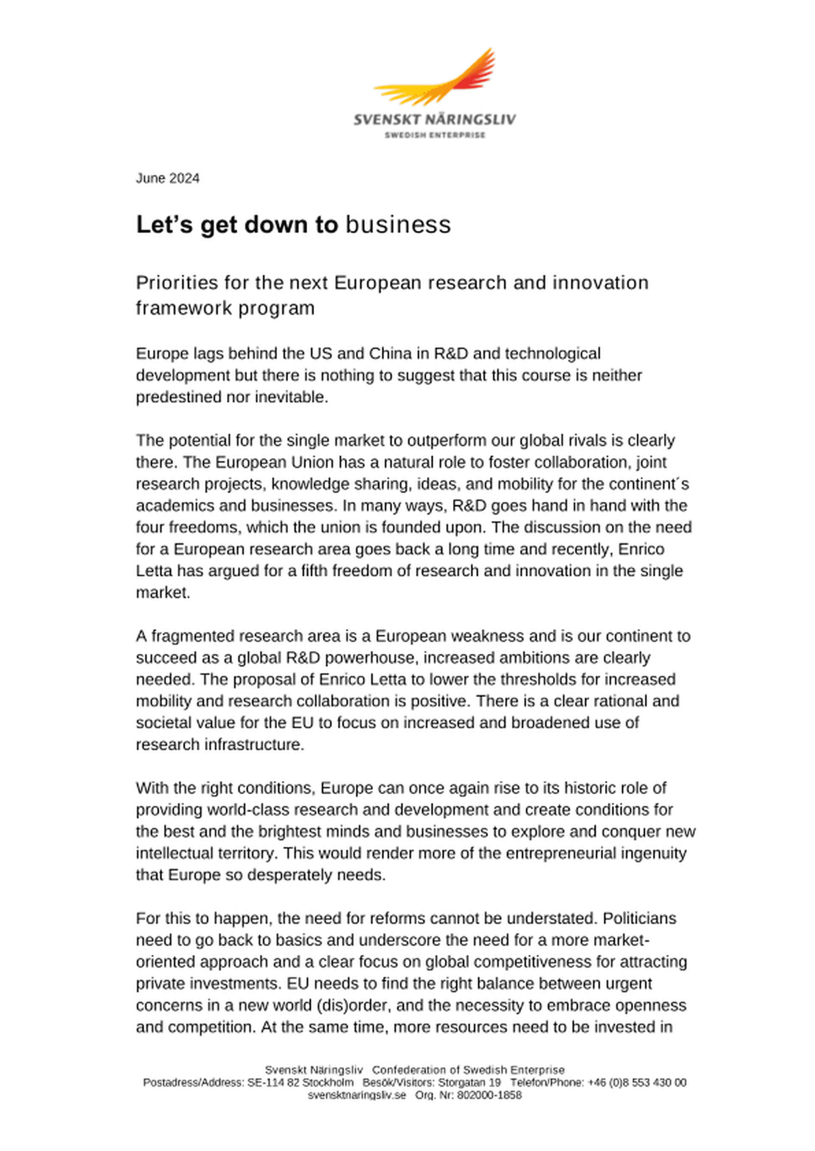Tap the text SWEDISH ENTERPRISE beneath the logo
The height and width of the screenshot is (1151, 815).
click(435, 135)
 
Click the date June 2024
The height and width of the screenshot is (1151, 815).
click(168, 179)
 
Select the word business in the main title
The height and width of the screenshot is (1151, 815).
click(398, 225)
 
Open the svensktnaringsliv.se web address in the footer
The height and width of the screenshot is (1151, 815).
click(357, 1095)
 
